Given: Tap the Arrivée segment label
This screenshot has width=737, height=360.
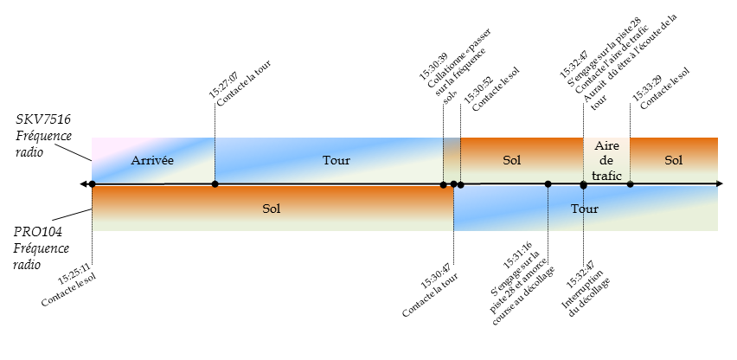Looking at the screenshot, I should pyautogui.click(x=152, y=160).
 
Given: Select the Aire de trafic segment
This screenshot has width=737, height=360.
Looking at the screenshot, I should pyautogui.click(x=606, y=160).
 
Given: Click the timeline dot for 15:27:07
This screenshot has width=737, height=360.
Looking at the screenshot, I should pyautogui.click(x=215, y=183).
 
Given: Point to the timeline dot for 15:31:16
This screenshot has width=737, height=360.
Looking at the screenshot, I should pyautogui.click(x=548, y=183).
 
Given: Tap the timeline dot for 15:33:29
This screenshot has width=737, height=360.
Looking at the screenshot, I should pyautogui.click(x=630, y=183).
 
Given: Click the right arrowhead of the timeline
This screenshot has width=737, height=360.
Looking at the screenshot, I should pyautogui.click(x=720, y=183).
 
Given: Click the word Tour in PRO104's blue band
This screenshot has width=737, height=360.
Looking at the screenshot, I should pyautogui.click(x=585, y=209).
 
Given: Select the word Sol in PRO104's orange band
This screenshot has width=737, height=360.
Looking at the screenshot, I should pyautogui.click(x=272, y=209).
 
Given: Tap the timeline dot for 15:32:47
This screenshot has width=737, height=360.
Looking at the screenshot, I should pyautogui.click(x=583, y=184).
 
